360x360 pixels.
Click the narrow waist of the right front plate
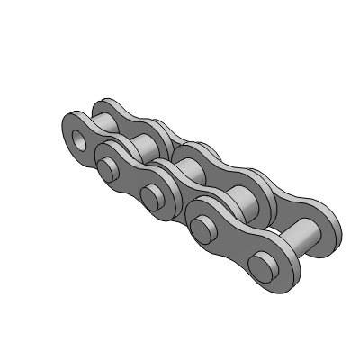[x=233, y=236]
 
